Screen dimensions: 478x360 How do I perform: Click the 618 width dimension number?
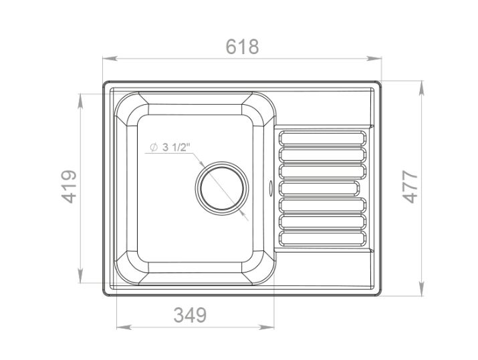coord(242,47)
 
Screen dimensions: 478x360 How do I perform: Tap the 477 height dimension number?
coord(410,186)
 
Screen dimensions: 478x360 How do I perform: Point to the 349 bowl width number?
coord(190,315)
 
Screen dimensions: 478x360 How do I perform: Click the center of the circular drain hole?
coord(222,188)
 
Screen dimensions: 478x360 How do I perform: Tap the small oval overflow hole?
coord(270,187)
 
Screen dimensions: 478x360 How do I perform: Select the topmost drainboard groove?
coord(322,138)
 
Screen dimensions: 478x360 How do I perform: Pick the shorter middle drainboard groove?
coord(319,188)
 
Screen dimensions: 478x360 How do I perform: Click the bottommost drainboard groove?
coord(322,238)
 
